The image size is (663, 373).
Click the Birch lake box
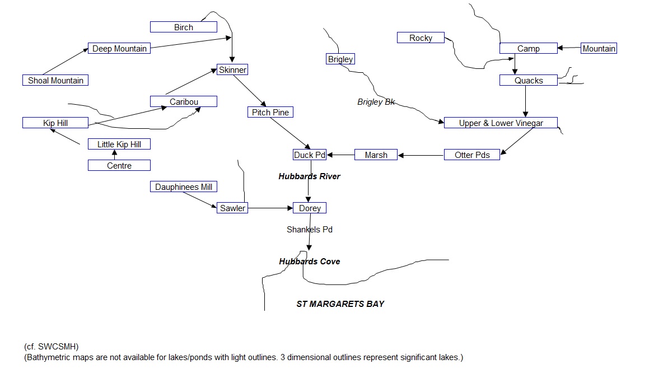(x=184, y=27)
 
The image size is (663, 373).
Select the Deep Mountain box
(x=119, y=49)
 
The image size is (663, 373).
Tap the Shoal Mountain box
(x=55, y=81)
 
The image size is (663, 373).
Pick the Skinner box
(x=232, y=70)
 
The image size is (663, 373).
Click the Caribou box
(x=184, y=102)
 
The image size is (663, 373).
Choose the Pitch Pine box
(x=270, y=113)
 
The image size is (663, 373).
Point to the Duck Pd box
(x=310, y=155)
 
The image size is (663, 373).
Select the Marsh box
(x=376, y=155)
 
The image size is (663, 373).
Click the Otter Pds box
(x=471, y=155)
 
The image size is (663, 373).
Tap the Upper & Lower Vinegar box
(x=501, y=123)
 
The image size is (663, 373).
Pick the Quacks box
(x=529, y=81)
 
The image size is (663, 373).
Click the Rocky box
(x=421, y=38)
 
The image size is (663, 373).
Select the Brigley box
(x=340, y=59)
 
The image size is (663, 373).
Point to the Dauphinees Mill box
(x=184, y=187)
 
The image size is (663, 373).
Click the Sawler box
(x=232, y=208)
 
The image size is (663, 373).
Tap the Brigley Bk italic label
(x=376, y=102)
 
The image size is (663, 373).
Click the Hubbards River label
(x=309, y=176)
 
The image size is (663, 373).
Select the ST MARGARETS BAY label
(x=340, y=304)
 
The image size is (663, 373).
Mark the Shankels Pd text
(x=310, y=230)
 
